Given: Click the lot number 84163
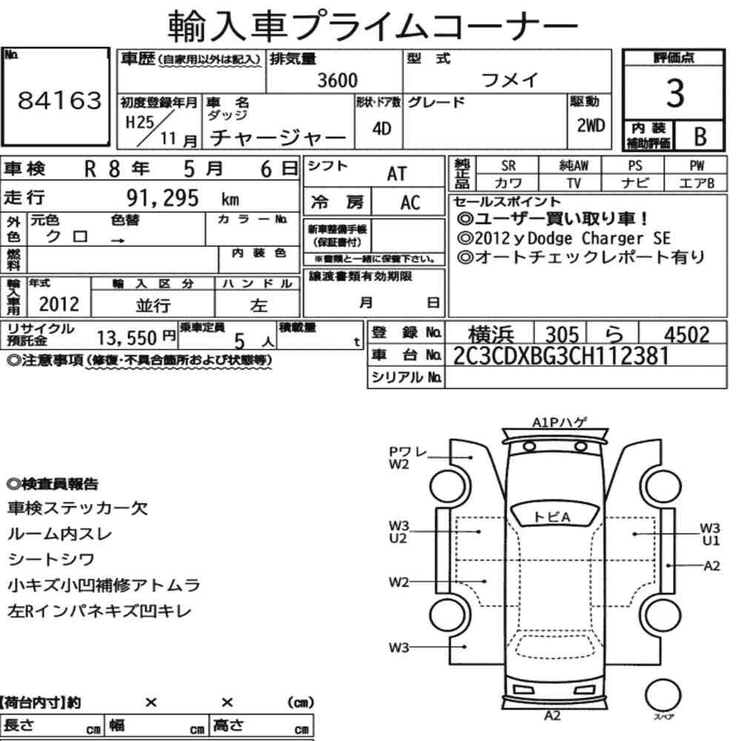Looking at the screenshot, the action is tap(59, 100).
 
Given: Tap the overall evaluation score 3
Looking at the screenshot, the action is tap(675, 93).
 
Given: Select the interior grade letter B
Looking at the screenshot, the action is tap(700, 136).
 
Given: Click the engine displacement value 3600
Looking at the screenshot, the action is tap(337, 80).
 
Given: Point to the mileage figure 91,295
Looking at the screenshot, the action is tap(162, 198).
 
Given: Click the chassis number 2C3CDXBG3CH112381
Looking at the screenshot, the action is tap(561, 356).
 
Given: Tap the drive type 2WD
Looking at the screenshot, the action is tap(591, 126).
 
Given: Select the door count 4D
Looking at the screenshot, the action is tap(382, 128).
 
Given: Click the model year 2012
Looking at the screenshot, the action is tap(59, 304).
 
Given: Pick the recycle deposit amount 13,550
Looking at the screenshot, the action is tap(127, 338).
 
